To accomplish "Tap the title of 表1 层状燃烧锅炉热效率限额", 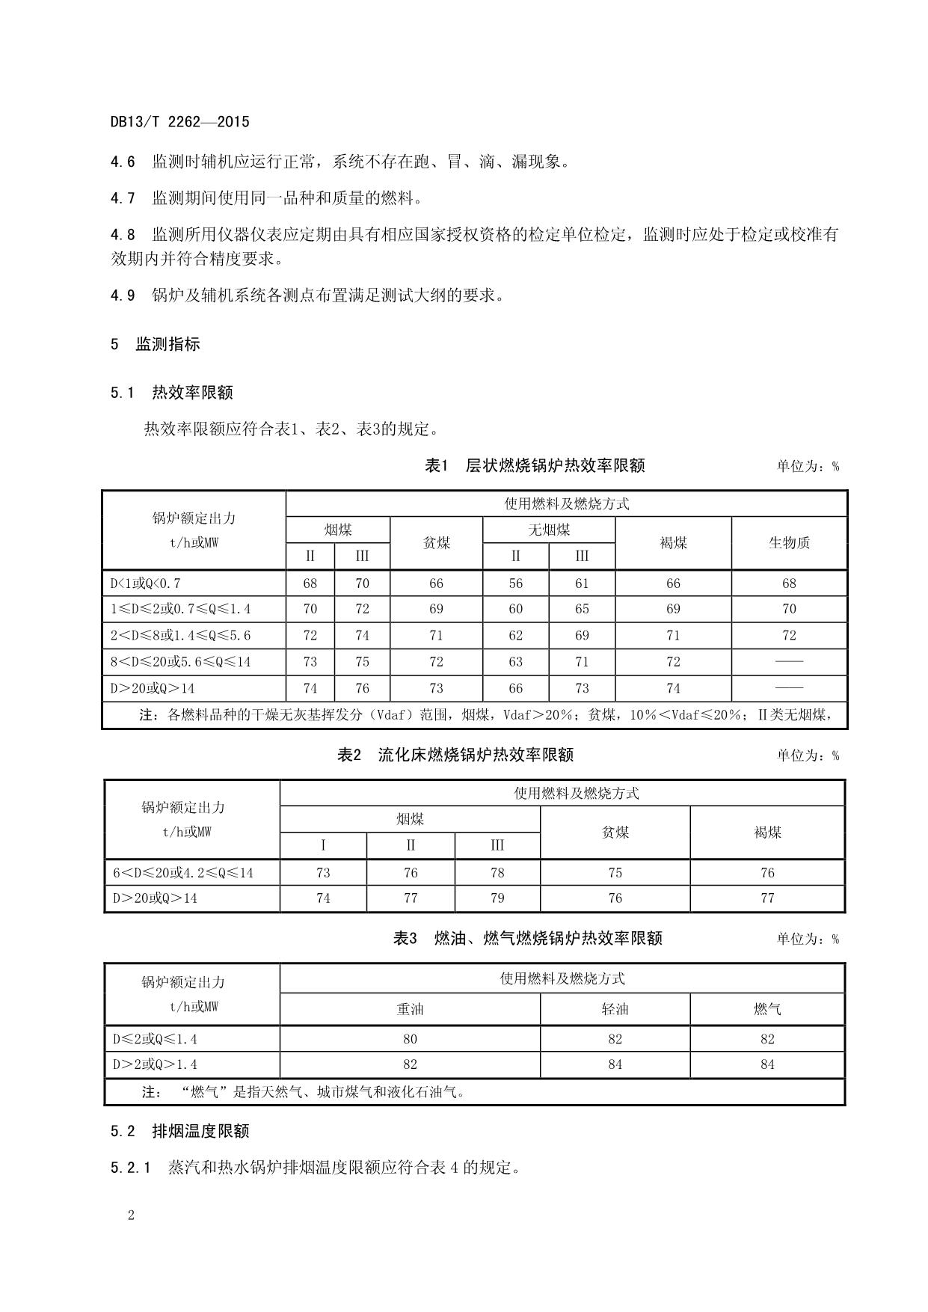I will (x=534, y=466).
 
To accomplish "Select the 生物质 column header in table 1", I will (x=789, y=543).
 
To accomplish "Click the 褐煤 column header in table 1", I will (x=673, y=543).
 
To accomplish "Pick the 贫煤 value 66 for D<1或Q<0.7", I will (x=436, y=583).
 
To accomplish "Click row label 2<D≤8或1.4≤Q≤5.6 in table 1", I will (x=181, y=636).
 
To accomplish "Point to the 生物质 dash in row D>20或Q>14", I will (x=789, y=688).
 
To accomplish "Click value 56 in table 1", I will (x=515, y=583).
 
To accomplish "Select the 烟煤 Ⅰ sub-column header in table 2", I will (x=323, y=845).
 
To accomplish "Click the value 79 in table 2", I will (x=497, y=898).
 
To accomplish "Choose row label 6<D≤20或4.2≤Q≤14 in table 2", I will (x=183, y=873).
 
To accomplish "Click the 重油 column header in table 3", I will (x=410, y=1009).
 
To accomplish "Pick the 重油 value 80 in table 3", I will (x=410, y=1039).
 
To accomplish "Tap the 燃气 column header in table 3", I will (x=767, y=1009).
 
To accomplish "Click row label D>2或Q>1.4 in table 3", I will (x=155, y=1064).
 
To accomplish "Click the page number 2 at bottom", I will (x=131, y=1215).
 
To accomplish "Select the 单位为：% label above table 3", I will (x=807, y=939).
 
